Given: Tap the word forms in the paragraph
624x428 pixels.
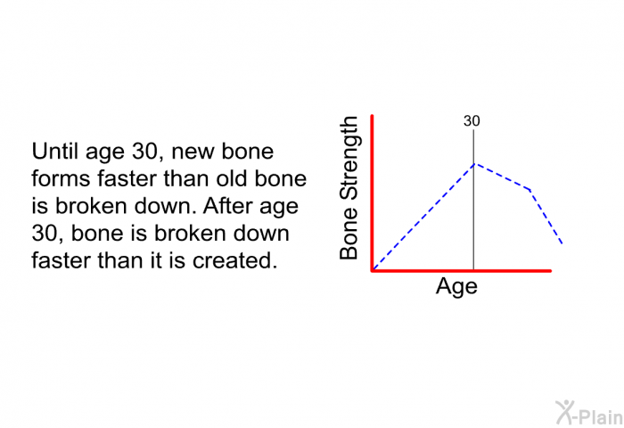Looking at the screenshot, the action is tap(61, 178).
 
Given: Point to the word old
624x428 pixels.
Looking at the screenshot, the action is tap(232, 178).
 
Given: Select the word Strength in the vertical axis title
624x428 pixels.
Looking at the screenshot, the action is tap(349, 159).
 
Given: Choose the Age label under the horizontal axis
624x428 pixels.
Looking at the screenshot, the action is tap(456, 287).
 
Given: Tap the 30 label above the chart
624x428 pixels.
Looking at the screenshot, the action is tap(472, 121).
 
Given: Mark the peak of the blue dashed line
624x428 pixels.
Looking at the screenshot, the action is tap(474, 164).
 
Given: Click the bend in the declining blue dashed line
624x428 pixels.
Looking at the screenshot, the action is tap(530, 189).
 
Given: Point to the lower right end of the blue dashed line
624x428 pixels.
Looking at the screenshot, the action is tap(562, 243).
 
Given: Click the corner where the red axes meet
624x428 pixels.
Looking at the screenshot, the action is tap(373, 270).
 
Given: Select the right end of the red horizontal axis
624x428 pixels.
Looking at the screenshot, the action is tap(550, 271).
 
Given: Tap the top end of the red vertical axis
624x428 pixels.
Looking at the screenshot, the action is tap(372, 116).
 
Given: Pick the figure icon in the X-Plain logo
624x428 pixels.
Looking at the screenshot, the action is tap(564, 413).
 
